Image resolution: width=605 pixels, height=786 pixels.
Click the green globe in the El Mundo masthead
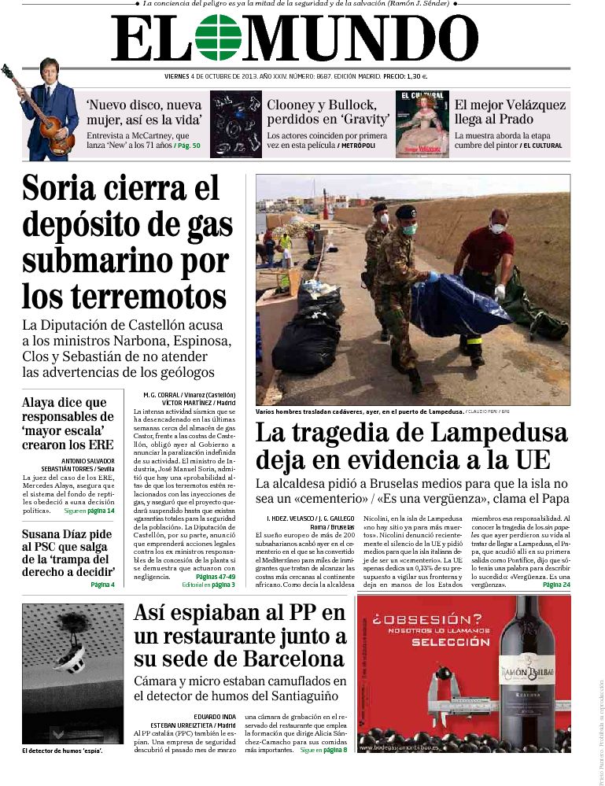coord(219,38)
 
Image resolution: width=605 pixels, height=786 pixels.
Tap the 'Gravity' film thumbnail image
coord(235,124)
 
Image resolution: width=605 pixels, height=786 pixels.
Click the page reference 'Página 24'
coord(555,585)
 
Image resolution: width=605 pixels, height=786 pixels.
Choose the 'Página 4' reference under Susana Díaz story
coord(102,585)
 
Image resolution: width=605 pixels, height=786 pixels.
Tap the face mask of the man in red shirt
coord(497,229)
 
